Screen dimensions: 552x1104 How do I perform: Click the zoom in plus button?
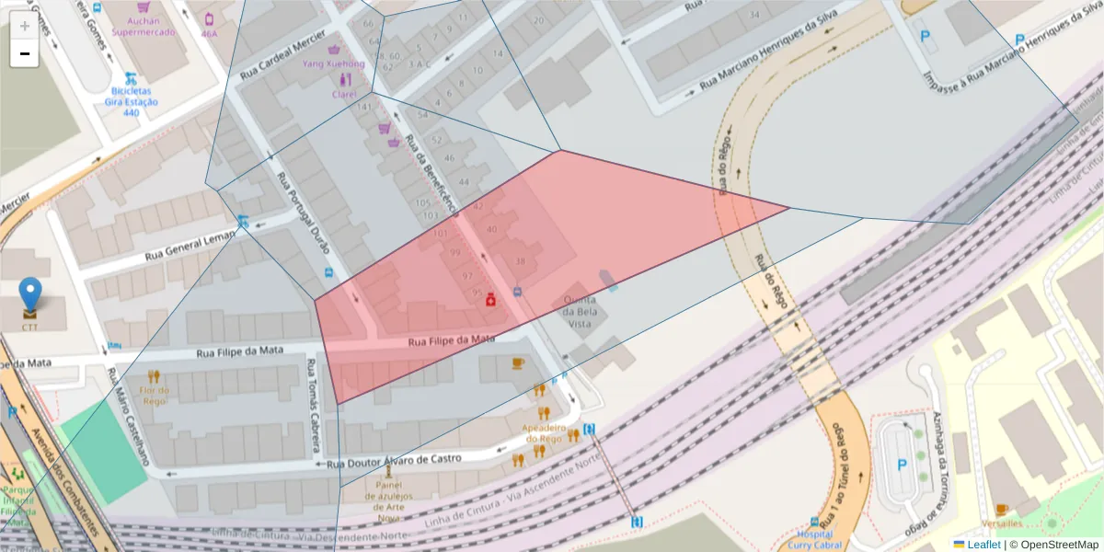(25, 26)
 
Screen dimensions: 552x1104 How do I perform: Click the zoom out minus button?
(25, 53)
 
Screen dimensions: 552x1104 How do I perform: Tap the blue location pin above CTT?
(30, 294)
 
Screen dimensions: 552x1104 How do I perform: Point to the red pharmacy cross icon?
(491, 299)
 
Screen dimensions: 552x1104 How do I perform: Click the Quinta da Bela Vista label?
(580, 312)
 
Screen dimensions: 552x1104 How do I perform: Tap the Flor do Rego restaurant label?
(153, 395)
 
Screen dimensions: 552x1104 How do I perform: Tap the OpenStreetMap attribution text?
(1053, 545)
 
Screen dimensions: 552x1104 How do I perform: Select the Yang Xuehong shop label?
(333, 64)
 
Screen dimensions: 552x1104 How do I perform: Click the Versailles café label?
(1001, 523)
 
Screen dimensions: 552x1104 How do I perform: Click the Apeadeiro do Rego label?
(542, 433)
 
